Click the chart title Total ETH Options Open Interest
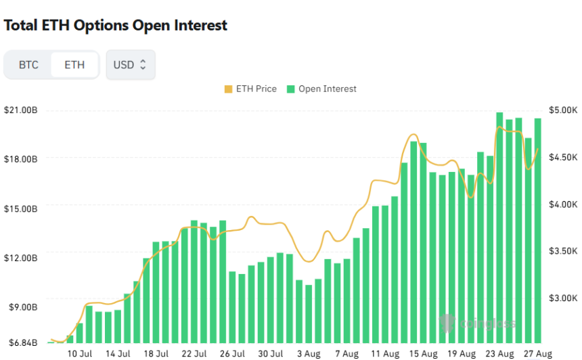point(116,26)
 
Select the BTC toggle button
point(28,65)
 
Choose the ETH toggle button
point(74,65)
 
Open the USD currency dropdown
point(130,65)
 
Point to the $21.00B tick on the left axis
point(21,110)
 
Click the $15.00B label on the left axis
point(21,208)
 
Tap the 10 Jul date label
point(80,354)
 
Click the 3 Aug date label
point(309,354)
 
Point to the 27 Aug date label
point(538,354)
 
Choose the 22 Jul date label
point(194,354)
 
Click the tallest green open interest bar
point(499,227)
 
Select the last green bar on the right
point(538,230)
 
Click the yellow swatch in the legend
point(227,89)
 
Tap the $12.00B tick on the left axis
point(21,258)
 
